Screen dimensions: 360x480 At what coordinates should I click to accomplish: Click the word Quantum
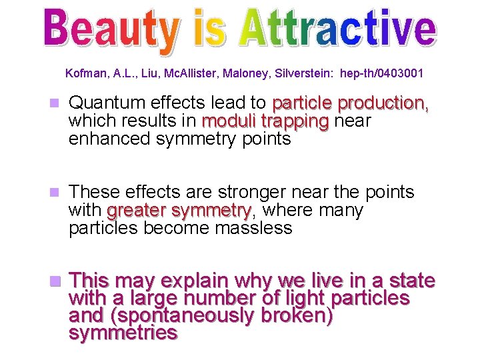(104, 103)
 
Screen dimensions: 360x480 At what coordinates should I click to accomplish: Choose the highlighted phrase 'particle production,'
(351, 103)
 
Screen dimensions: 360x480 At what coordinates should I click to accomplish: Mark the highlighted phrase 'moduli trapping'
(265, 121)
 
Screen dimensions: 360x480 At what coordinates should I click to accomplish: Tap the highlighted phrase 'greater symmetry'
(179, 211)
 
